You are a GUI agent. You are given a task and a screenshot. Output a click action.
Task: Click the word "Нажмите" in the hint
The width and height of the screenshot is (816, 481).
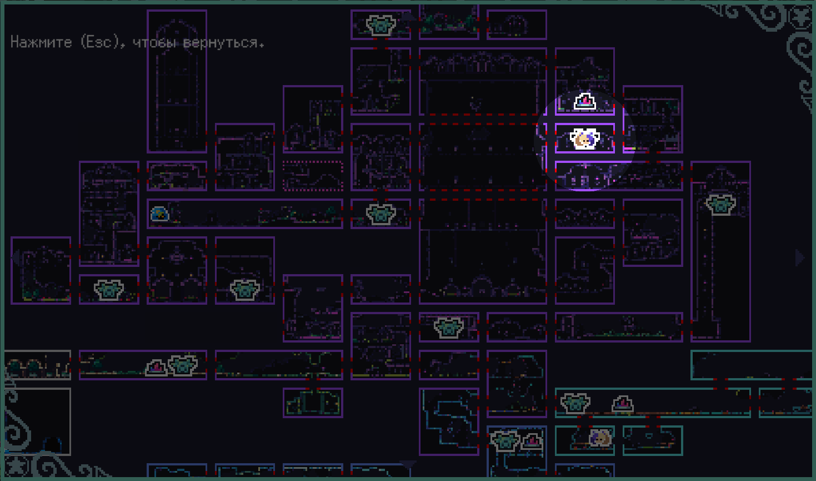pos(41,42)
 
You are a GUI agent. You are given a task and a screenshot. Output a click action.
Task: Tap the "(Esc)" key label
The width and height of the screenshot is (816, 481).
pos(101,43)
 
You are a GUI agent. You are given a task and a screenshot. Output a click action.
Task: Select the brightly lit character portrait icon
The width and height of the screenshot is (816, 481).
pos(584,138)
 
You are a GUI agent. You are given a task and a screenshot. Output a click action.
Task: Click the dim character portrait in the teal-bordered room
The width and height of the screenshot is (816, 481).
pos(598,438)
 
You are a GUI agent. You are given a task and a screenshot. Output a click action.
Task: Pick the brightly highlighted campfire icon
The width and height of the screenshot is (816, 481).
pos(585,101)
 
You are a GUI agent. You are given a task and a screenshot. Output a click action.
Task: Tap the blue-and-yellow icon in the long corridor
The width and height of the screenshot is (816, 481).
pos(159,214)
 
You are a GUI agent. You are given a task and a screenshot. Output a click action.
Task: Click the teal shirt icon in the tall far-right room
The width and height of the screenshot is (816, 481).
pos(720,204)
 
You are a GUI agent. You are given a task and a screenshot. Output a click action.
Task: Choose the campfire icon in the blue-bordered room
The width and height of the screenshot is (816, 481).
pos(532,442)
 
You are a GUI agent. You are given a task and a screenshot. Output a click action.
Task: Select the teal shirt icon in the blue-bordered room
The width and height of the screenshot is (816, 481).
pos(505,440)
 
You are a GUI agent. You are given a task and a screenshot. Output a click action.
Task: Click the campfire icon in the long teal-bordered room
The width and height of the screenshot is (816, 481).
pos(623,404)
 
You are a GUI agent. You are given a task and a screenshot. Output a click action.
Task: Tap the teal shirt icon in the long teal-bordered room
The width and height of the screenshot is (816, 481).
pos(575,403)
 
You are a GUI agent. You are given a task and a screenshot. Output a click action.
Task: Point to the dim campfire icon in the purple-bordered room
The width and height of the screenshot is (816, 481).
pos(156,368)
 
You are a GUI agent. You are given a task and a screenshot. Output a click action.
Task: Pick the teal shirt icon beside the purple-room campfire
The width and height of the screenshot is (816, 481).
pos(183,365)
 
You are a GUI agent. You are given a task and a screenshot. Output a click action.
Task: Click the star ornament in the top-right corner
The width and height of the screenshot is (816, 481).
pos(802,17)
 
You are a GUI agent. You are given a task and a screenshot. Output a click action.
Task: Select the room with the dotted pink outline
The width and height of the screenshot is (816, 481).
pos(313,176)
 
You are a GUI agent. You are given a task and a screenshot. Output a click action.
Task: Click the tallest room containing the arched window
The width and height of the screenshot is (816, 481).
pos(177,81)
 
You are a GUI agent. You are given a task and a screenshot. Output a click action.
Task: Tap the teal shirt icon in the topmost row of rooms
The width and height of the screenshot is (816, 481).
pos(381,25)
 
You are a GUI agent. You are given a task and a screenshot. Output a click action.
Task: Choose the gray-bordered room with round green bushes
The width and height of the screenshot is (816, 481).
pos(37,365)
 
